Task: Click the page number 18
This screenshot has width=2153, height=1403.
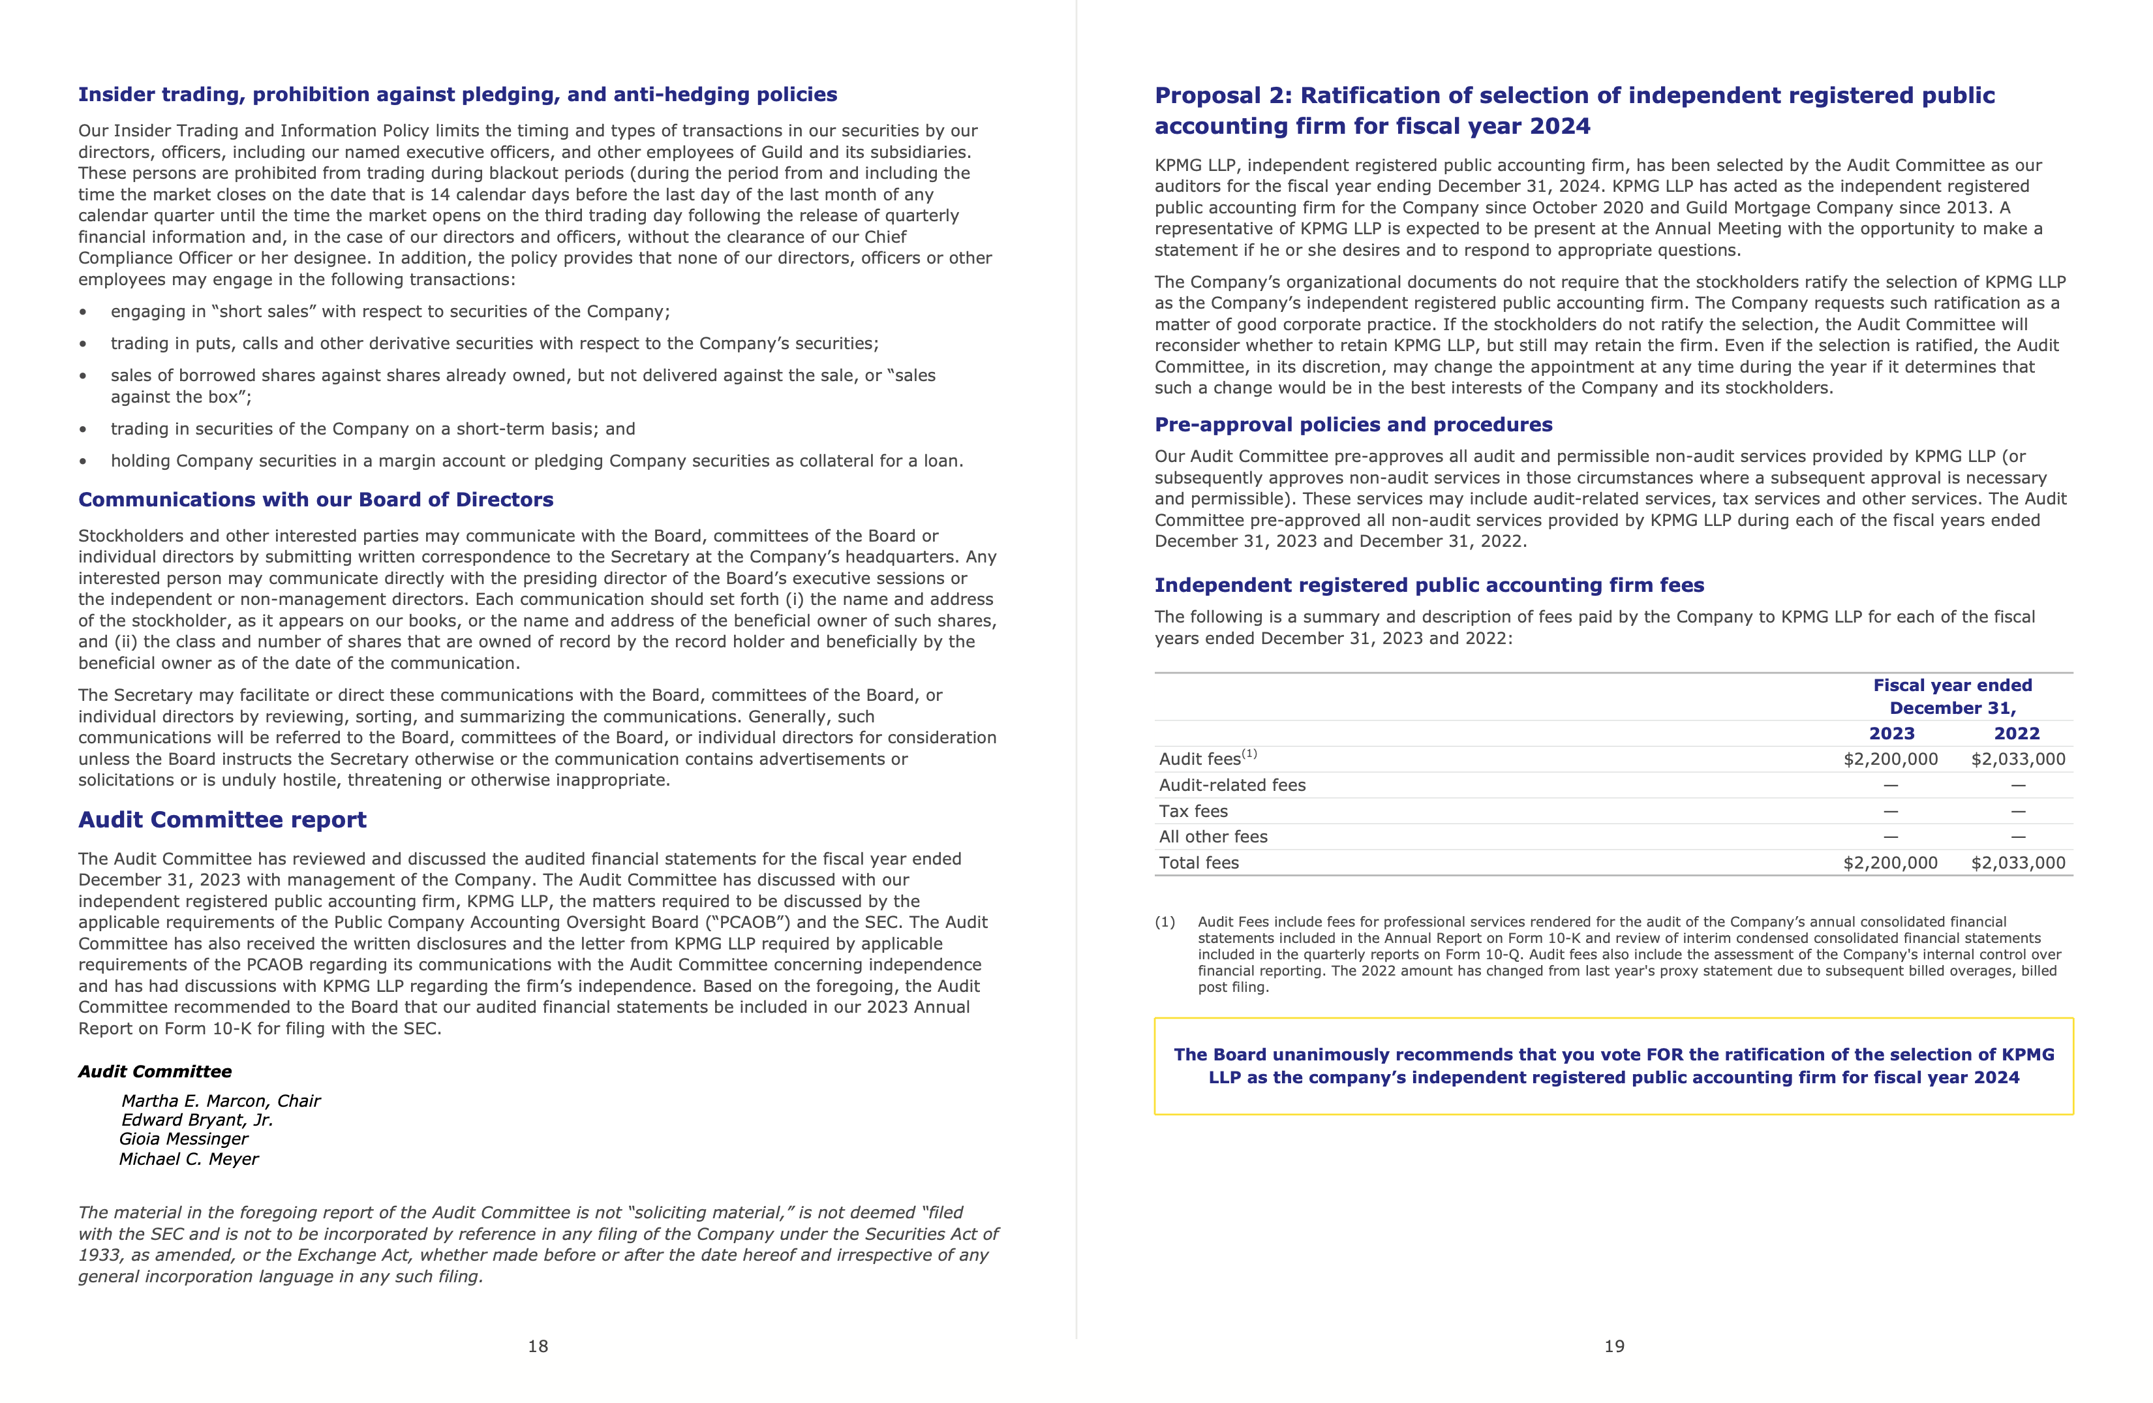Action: point(538,1346)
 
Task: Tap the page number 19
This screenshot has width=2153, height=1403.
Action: point(1614,1346)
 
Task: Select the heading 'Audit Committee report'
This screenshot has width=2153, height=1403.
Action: point(222,820)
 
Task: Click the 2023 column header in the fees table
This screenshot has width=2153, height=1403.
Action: point(1891,733)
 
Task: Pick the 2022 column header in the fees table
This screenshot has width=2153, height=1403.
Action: point(2017,733)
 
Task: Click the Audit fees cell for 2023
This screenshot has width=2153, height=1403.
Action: point(1890,760)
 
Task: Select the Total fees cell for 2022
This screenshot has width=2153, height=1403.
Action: point(2018,863)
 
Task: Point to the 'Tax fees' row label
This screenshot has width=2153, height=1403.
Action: point(1193,811)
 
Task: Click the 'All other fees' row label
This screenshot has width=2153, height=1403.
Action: point(1213,837)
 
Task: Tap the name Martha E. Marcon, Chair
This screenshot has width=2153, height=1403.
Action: point(221,1101)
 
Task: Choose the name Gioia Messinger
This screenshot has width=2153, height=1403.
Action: point(183,1139)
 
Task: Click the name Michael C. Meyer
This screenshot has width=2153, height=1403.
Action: point(189,1159)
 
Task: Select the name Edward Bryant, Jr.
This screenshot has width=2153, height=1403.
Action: point(197,1120)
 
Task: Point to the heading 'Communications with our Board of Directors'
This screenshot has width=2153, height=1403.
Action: point(316,499)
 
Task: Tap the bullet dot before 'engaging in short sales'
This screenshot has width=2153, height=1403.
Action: point(84,312)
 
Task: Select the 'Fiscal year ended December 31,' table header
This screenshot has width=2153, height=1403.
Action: point(1952,696)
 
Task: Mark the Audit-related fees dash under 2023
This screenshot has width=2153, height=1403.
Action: point(1891,785)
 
